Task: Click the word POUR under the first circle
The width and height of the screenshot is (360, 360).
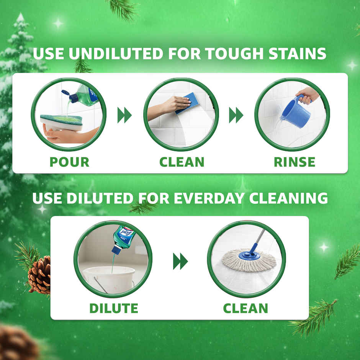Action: coord(69,162)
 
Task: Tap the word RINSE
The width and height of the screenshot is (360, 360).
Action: coord(295,162)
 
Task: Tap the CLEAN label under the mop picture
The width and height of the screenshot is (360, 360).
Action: coord(245,308)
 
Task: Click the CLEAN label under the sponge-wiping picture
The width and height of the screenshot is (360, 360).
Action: coord(182,162)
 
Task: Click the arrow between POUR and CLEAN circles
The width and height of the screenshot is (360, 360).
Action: coord(124,115)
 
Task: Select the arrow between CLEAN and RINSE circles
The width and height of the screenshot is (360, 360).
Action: coord(236,115)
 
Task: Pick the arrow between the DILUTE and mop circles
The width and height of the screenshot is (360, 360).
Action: coord(180,262)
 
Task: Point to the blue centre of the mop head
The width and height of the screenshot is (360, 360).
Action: coord(250,255)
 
